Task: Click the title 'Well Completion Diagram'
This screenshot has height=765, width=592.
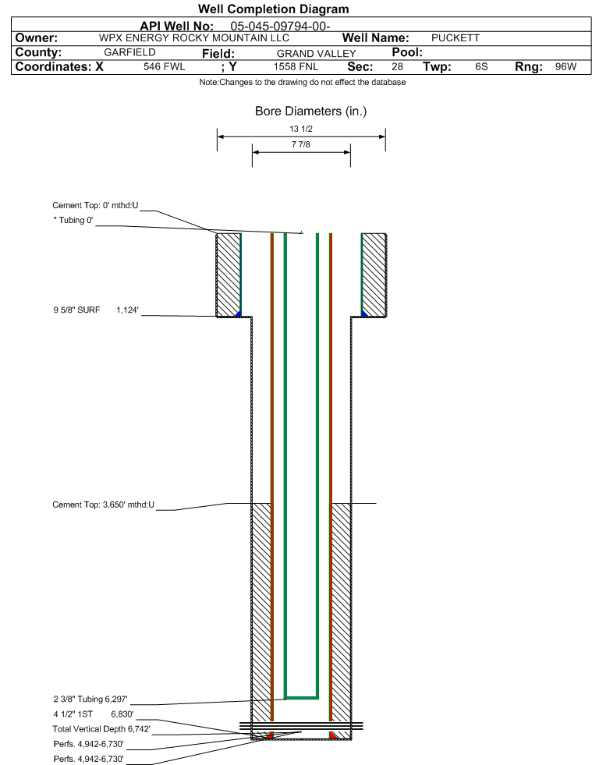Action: click(x=273, y=9)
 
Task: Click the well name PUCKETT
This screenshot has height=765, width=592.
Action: click(x=455, y=38)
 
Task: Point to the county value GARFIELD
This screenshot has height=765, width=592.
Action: click(x=129, y=52)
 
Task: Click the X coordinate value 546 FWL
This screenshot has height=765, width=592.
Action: click(x=165, y=67)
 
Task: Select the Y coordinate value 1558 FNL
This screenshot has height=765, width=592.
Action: click(x=296, y=67)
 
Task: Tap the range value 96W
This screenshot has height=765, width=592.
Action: click(x=565, y=67)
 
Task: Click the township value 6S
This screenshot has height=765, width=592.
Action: click(x=481, y=67)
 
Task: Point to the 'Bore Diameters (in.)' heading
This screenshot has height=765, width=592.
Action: click(x=310, y=112)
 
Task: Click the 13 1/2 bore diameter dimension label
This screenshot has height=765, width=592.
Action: click(x=301, y=129)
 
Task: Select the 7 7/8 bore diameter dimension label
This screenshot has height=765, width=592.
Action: click(x=301, y=145)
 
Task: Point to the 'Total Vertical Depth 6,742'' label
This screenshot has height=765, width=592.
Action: click(x=101, y=728)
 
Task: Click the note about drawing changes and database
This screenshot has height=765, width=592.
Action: click(x=302, y=83)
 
